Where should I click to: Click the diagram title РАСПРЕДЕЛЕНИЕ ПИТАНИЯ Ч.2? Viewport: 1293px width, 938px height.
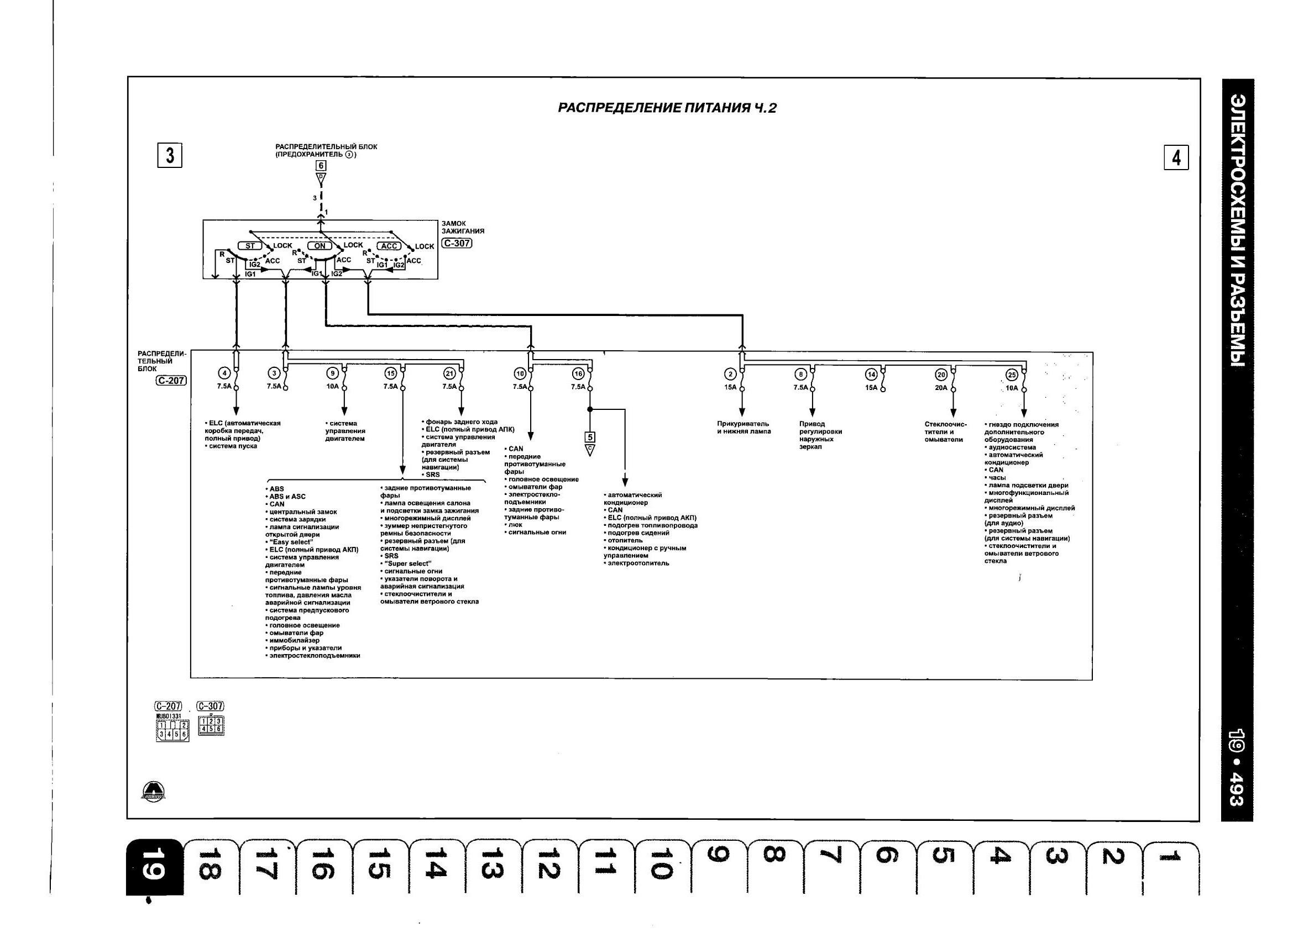coord(667,108)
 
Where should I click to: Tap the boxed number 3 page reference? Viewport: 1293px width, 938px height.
coord(169,156)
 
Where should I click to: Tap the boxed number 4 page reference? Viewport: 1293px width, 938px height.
coord(1176,157)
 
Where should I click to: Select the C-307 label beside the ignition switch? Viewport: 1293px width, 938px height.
coord(457,243)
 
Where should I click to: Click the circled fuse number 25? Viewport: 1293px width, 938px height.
coord(1012,375)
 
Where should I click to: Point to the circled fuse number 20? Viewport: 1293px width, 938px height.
coord(941,375)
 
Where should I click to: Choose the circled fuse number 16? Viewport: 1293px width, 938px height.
coord(579,374)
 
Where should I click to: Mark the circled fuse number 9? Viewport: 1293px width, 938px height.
coord(332,373)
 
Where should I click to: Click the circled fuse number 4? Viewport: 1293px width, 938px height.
coord(225,373)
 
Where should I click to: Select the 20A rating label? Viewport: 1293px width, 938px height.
coord(941,387)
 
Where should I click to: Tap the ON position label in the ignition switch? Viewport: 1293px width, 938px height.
coord(320,246)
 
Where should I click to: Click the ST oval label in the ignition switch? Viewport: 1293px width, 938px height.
coord(250,246)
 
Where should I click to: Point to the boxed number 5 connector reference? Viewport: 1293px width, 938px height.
coord(590,437)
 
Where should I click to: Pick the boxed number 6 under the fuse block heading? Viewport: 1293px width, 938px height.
coord(321,165)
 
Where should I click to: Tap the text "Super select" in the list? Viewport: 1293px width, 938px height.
coord(407,563)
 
